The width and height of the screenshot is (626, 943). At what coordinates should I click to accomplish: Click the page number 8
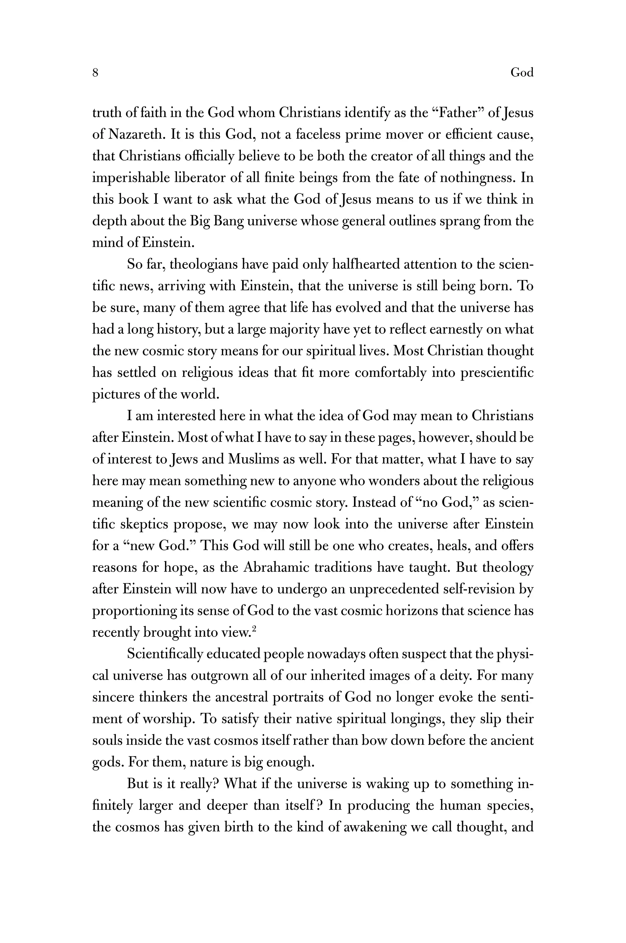point(95,73)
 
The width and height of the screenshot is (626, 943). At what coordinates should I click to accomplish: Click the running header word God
point(522,73)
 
